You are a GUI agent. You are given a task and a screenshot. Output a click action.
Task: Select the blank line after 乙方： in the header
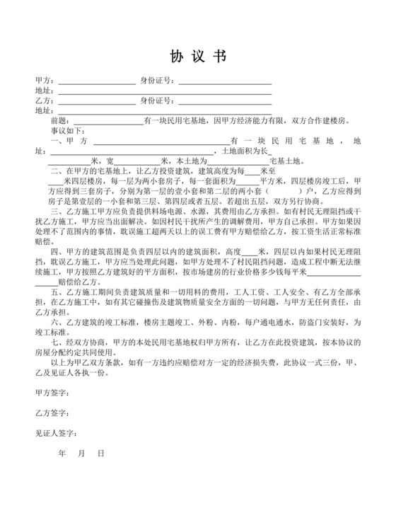click(x=96, y=101)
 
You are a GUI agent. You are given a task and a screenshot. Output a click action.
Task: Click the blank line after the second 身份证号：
click(x=225, y=101)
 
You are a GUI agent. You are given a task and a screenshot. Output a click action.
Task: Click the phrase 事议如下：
click(x=66, y=131)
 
